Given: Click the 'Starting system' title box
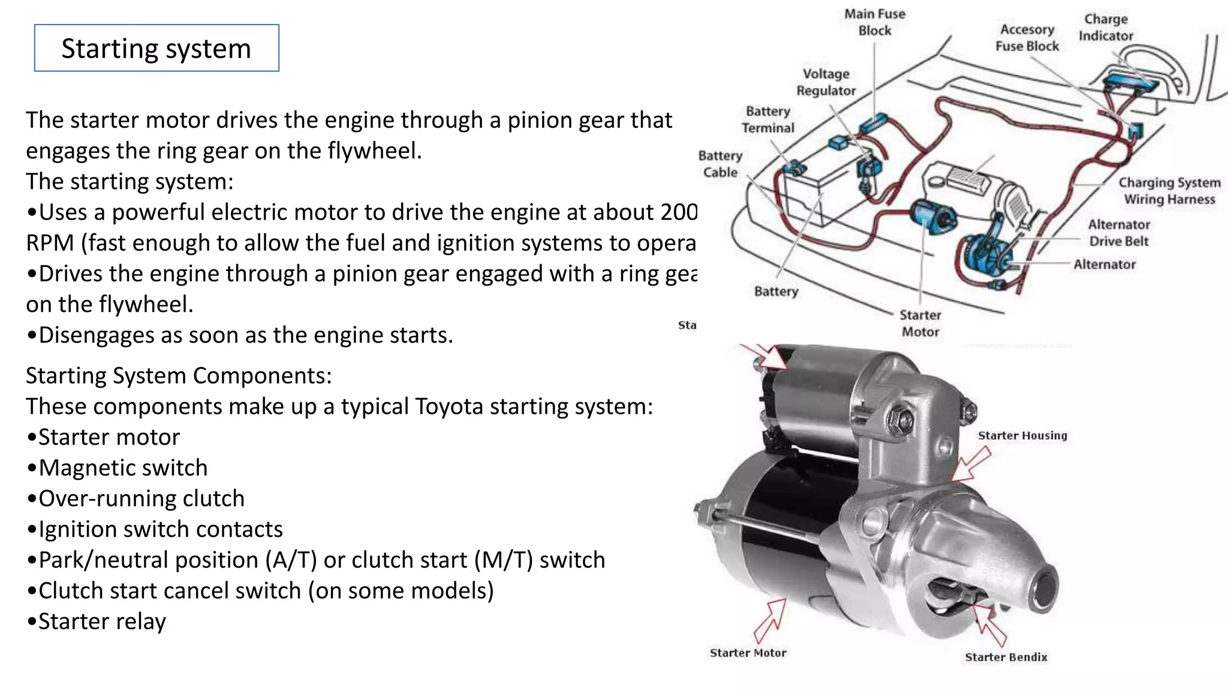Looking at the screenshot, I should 156,48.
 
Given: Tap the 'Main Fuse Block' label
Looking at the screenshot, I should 874,22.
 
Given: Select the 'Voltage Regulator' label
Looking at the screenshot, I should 826,82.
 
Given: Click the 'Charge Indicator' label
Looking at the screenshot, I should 1106,28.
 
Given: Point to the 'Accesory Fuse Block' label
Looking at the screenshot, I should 1027,38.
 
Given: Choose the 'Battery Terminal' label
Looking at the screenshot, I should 767,119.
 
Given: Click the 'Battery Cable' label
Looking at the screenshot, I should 720,164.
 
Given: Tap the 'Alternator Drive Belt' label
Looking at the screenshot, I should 1119,233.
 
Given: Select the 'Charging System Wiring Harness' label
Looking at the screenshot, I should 1169,191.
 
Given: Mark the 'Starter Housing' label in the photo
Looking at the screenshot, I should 1022,435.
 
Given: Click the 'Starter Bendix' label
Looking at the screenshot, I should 1006,657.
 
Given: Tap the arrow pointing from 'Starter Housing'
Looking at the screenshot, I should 971,465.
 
